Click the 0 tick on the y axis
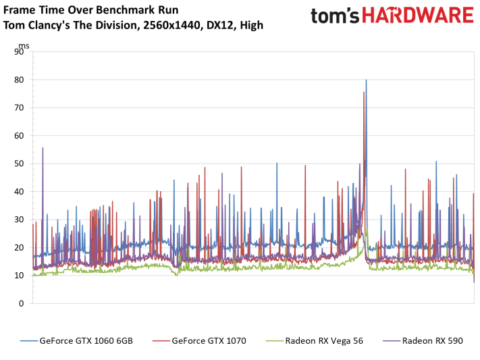pos(23,303)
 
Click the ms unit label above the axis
pos(24,46)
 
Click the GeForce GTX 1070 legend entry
pos(205,340)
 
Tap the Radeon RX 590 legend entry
pos(432,340)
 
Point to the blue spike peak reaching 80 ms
pos(367,80)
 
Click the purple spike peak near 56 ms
pos(43,148)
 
